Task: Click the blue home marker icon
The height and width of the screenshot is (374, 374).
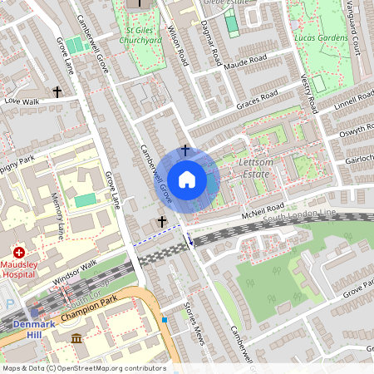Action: coord(187,179)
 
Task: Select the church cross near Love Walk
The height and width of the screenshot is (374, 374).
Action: coord(57,91)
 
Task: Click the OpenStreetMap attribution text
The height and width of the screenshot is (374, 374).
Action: coord(83,368)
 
